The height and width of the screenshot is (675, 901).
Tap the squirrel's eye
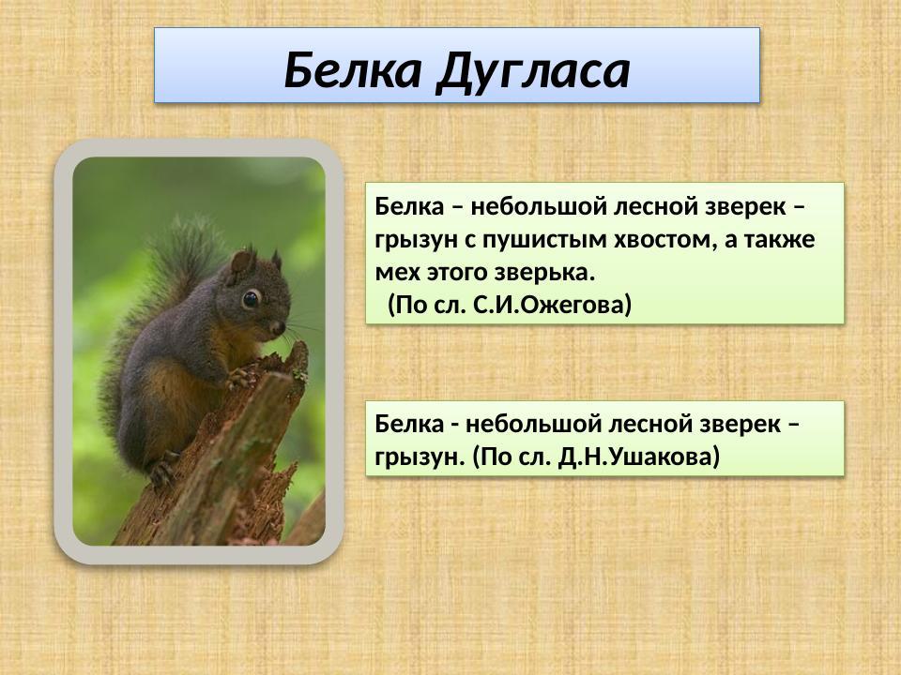(251, 299)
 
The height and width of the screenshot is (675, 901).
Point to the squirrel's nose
(279, 327)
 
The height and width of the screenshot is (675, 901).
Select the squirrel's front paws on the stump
(241, 378)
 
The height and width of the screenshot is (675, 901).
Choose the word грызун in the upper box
(413, 240)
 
